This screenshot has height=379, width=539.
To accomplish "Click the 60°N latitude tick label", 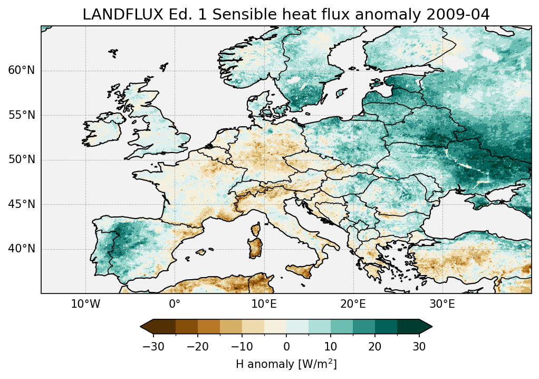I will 21,71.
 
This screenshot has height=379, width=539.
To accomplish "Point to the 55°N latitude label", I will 21,116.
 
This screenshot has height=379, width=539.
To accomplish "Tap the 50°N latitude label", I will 21,160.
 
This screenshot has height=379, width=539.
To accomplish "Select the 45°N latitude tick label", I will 21,204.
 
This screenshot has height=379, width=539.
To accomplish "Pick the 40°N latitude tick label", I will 21,249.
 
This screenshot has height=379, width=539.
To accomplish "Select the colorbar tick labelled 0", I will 286,346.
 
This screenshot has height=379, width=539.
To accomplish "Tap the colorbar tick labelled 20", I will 375,346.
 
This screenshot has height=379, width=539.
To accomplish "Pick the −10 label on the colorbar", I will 240,346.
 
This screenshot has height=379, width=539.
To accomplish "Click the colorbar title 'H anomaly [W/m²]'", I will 286,364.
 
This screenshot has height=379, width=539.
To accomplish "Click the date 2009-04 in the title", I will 456,15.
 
